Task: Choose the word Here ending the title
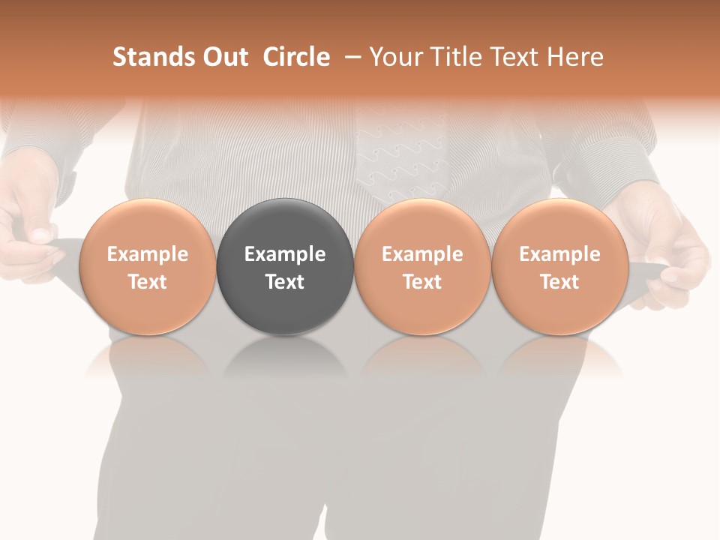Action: [575, 57]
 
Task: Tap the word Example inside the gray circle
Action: [285, 254]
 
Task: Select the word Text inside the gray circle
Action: [285, 282]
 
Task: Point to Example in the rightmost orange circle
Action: [559, 254]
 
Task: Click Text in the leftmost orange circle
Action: [147, 282]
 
